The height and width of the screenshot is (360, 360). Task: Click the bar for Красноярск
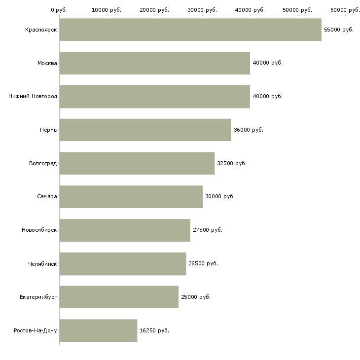[190, 30]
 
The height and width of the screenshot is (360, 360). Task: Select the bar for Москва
[154, 63]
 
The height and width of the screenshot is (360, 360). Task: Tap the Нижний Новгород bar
[154, 96]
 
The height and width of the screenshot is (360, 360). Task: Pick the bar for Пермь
[145, 130]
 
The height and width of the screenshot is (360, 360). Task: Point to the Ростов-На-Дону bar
[98, 330]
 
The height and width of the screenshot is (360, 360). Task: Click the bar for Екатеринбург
[119, 297]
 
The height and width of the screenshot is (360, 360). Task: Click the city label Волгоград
[43, 163]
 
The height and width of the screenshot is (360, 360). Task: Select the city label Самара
[47, 196]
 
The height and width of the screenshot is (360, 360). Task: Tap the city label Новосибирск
[39, 230]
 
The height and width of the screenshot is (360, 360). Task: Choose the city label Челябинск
[42, 263]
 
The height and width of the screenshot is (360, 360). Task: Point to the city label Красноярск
[41, 30]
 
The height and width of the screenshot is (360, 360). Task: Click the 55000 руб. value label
[339, 30]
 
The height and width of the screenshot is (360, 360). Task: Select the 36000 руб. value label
[249, 130]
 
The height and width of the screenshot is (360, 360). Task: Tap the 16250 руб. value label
[154, 330]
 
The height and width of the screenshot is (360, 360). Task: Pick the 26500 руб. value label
[203, 263]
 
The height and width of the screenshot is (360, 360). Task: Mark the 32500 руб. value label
[232, 163]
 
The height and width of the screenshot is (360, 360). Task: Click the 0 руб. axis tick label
[59, 10]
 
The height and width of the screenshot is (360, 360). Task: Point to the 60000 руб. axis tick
[345, 10]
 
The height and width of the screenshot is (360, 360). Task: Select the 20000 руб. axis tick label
[154, 10]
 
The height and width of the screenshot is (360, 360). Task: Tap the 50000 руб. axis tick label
[297, 10]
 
